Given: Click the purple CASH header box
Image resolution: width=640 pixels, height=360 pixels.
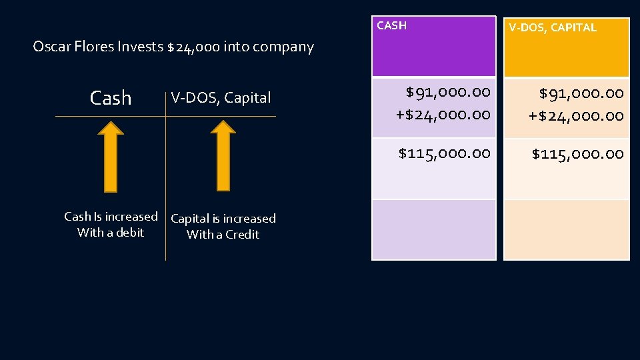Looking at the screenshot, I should click(x=433, y=47).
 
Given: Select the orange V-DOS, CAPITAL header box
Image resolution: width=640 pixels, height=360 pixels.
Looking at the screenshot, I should click(x=566, y=47).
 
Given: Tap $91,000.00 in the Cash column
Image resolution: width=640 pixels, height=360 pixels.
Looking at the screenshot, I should click(x=447, y=91).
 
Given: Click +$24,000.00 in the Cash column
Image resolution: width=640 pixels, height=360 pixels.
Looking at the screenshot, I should click(x=443, y=114).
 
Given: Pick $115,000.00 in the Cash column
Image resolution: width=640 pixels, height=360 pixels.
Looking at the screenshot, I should click(x=444, y=153).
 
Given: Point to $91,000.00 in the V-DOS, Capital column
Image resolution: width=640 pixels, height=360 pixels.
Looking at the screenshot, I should click(x=581, y=93).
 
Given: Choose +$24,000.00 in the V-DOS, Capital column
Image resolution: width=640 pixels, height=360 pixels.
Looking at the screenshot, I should click(x=576, y=115).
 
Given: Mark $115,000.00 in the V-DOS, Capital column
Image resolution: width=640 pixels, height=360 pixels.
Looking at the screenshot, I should click(x=577, y=154).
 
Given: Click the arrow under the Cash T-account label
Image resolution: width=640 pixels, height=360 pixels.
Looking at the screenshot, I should click(x=111, y=160).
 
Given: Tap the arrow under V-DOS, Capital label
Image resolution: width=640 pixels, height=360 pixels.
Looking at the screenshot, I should click(x=223, y=160).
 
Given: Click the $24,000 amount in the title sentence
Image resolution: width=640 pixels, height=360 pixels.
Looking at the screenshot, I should click(x=193, y=47).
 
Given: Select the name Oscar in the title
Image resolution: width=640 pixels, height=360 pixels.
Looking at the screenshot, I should click(x=51, y=47).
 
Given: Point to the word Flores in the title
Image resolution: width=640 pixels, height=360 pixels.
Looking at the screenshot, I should click(x=94, y=47).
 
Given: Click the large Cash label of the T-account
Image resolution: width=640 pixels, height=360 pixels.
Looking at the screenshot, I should click(x=111, y=98).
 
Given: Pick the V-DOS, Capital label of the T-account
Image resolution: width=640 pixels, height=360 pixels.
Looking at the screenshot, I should click(x=221, y=98).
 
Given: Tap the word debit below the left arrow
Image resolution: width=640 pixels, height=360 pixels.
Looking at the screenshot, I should click(x=130, y=233).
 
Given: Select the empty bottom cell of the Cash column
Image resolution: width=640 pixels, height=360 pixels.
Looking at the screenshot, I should click(x=433, y=229).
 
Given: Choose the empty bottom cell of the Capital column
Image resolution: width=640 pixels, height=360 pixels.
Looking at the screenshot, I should click(x=566, y=229).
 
